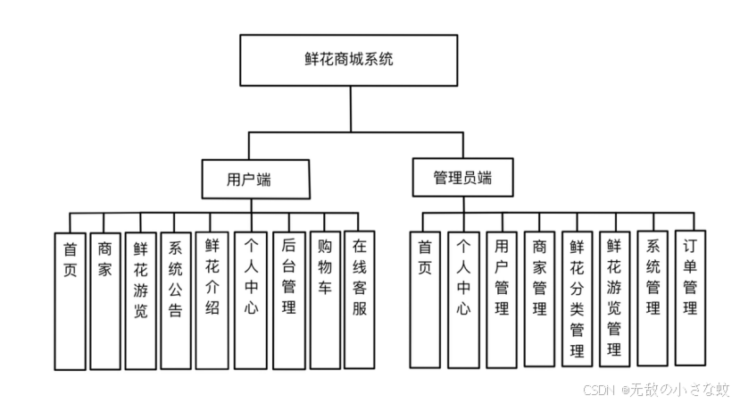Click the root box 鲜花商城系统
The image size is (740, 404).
tap(349, 61)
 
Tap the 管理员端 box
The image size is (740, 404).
tap(462, 176)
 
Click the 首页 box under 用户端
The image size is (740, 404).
tap(71, 300)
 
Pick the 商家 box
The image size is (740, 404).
tap(105, 300)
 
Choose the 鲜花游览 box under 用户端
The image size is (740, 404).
tap(140, 300)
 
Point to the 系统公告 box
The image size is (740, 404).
tap(176, 300)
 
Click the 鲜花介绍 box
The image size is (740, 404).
tap(212, 300)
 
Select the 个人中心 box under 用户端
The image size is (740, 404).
tap(251, 300)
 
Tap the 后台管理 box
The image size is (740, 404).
tap(288, 300)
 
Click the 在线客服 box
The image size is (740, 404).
tap(359, 300)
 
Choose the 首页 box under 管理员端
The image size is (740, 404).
tap(425, 299)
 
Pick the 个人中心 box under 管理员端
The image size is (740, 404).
tap(463, 299)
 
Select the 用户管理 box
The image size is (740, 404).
tap(502, 299)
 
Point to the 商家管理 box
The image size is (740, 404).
tap(539, 299)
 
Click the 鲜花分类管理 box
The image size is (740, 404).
tap(577, 299)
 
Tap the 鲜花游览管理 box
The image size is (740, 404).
tap(614, 299)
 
